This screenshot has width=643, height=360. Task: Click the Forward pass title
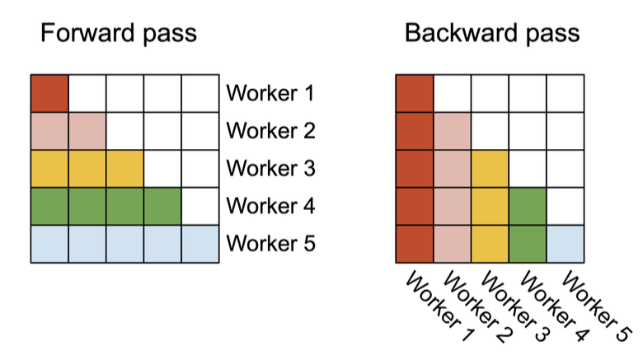tap(119, 34)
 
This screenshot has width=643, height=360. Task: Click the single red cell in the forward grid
tap(49, 93)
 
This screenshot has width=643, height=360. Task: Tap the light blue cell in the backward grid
tap(566, 244)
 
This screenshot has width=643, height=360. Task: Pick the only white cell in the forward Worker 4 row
tap(200, 206)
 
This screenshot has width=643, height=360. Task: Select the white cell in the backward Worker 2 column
tap(453, 93)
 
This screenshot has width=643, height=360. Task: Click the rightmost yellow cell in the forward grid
tap(124, 169)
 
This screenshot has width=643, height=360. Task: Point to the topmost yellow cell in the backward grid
tap(490, 169)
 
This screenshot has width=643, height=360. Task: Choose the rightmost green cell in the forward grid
tap(162, 206)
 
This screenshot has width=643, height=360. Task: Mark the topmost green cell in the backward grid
tap(528, 206)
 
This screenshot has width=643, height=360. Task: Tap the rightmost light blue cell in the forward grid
tap(200, 244)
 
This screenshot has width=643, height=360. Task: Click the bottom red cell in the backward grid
tap(415, 244)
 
